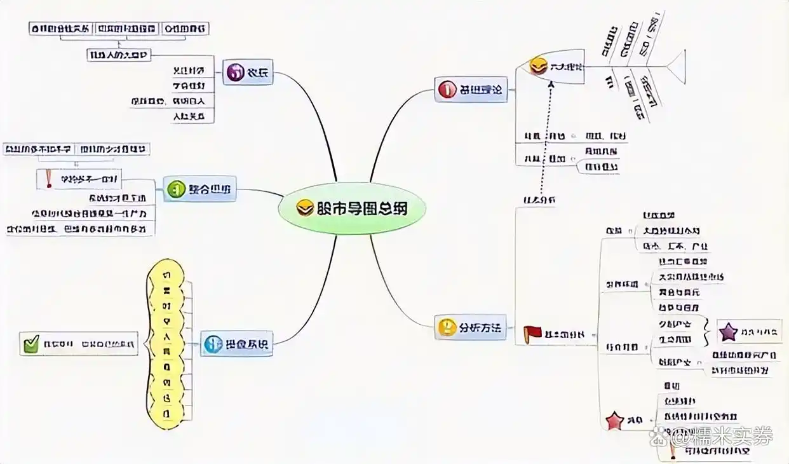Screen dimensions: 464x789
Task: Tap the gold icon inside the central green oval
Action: tap(306, 208)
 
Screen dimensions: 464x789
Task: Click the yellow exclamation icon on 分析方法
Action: tap(448, 328)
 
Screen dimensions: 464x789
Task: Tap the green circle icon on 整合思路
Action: tap(175, 189)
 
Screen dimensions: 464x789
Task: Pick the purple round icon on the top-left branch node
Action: tap(236, 72)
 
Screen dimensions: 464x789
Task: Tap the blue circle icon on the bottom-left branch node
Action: tap(212, 345)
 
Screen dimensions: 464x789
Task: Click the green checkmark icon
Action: tap(31, 344)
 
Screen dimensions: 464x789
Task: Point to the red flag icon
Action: tap(531, 333)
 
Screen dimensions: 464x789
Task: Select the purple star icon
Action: tap(728, 331)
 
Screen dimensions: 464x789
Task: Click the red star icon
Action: tap(614, 420)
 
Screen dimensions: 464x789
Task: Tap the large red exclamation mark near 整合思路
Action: tap(49, 179)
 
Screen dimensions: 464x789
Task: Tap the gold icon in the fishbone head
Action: tap(539, 65)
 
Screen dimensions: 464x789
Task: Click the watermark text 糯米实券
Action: tap(731, 436)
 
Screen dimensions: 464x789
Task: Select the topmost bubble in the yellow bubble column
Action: tap(166, 275)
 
